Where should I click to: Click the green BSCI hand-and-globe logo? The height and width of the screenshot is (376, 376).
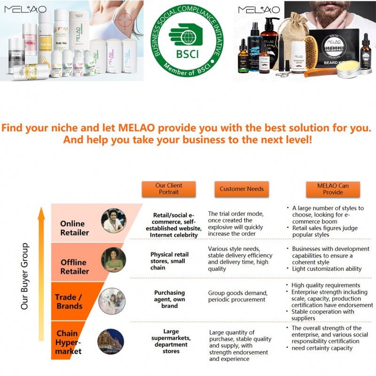pos(188,40)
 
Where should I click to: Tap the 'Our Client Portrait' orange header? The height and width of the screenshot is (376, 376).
pos(169,189)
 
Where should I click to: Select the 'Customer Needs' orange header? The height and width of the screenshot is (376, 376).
pos(242,189)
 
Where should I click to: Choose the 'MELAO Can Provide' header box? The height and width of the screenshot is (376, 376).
pos(333,189)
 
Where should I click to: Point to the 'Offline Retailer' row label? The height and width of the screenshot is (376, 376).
pos(73,266)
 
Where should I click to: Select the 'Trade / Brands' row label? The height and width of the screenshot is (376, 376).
pos(70,301)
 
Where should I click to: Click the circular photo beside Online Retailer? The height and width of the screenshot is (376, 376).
pos(114,220)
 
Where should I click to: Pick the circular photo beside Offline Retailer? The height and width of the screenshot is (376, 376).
pos(114,260)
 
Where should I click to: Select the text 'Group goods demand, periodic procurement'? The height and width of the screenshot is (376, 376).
pos(238,296)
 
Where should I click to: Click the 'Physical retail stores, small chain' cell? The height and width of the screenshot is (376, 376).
pos(171,261)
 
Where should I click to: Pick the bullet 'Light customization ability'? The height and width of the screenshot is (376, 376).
pos(327,269)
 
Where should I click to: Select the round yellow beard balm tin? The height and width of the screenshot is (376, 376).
pos(348,69)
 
